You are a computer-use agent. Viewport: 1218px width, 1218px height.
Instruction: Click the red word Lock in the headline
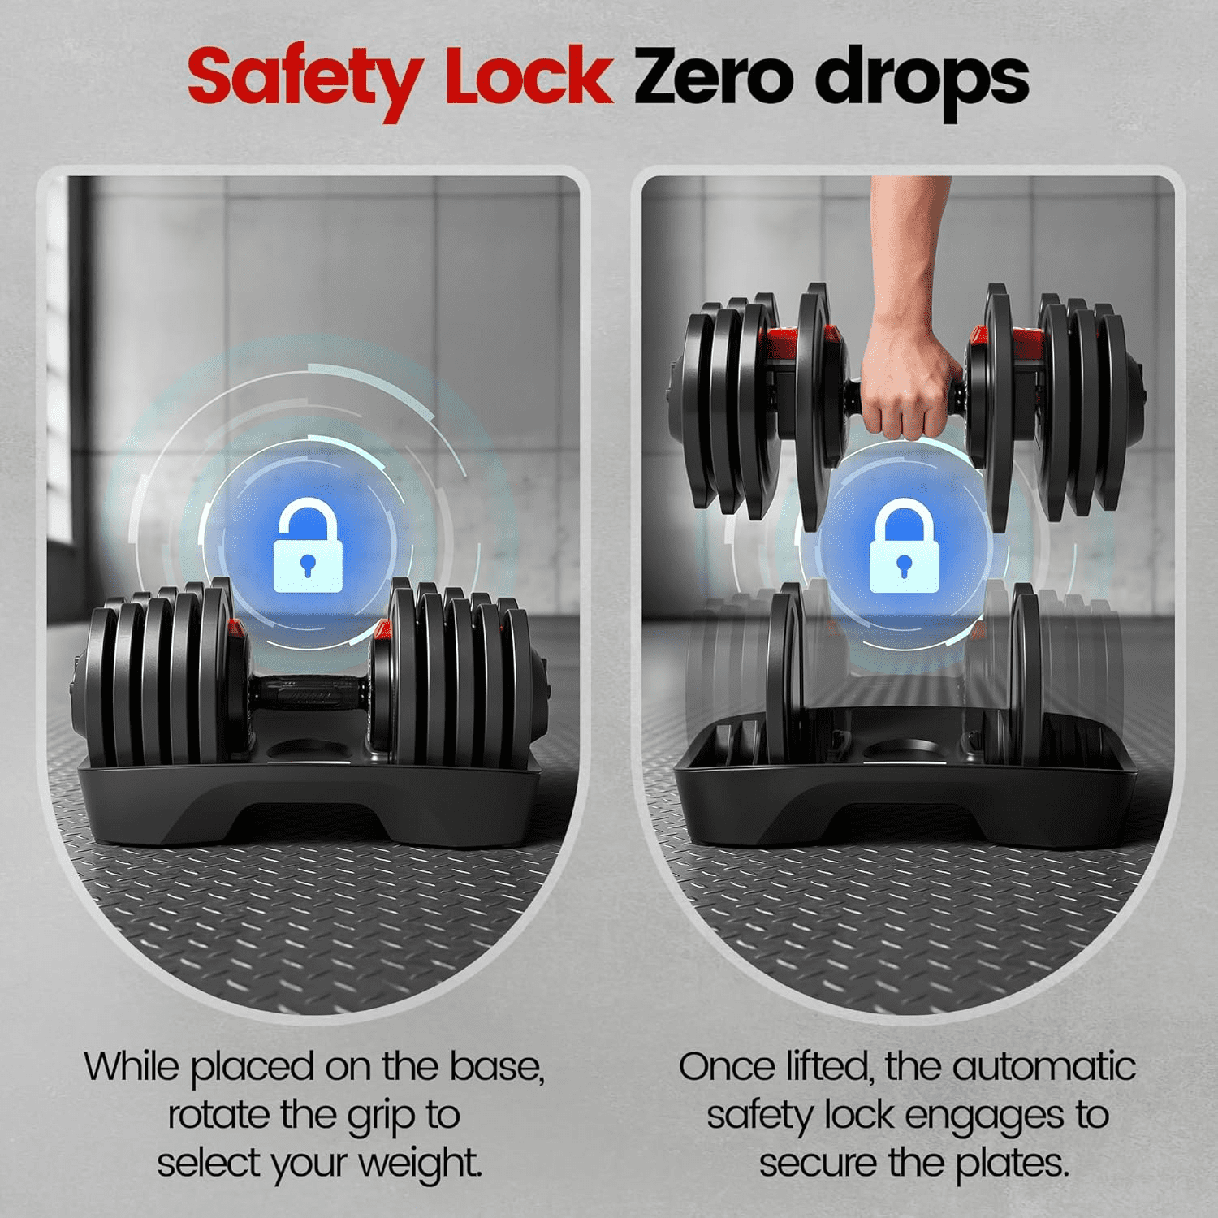coord(528,76)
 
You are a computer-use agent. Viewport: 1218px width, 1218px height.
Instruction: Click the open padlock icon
coord(307,544)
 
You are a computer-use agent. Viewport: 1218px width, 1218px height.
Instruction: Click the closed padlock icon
coord(904,546)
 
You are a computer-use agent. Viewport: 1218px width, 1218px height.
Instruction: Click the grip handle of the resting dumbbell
coord(309,690)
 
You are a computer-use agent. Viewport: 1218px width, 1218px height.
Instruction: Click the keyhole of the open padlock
coord(307,564)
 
